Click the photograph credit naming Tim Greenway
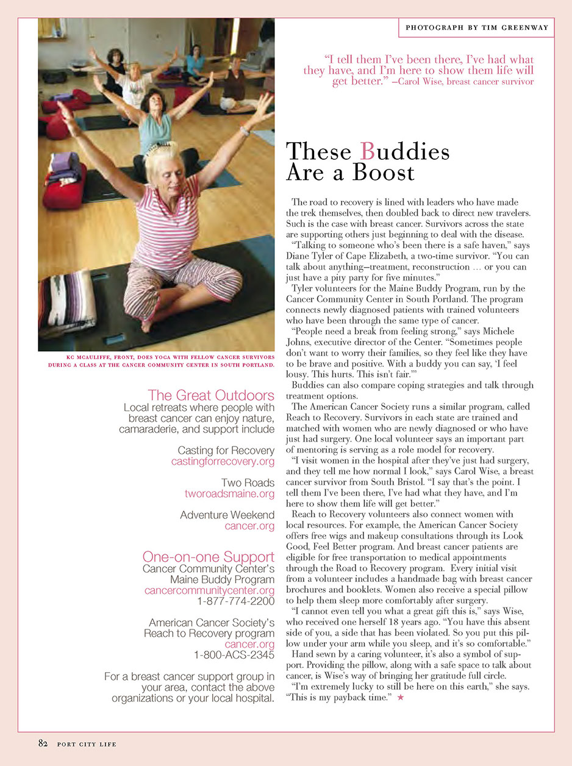tap(477, 27)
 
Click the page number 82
tap(43, 743)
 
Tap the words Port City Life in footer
tap(87, 744)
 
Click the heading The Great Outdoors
tap(211, 395)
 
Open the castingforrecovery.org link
tap(223, 462)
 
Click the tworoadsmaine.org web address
tap(229, 493)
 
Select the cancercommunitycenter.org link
tap(210, 590)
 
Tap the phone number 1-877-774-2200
tap(235, 601)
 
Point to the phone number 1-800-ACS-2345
tap(234, 655)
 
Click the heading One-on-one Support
tap(208, 556)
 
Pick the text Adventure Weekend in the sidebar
tap(227, 515)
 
